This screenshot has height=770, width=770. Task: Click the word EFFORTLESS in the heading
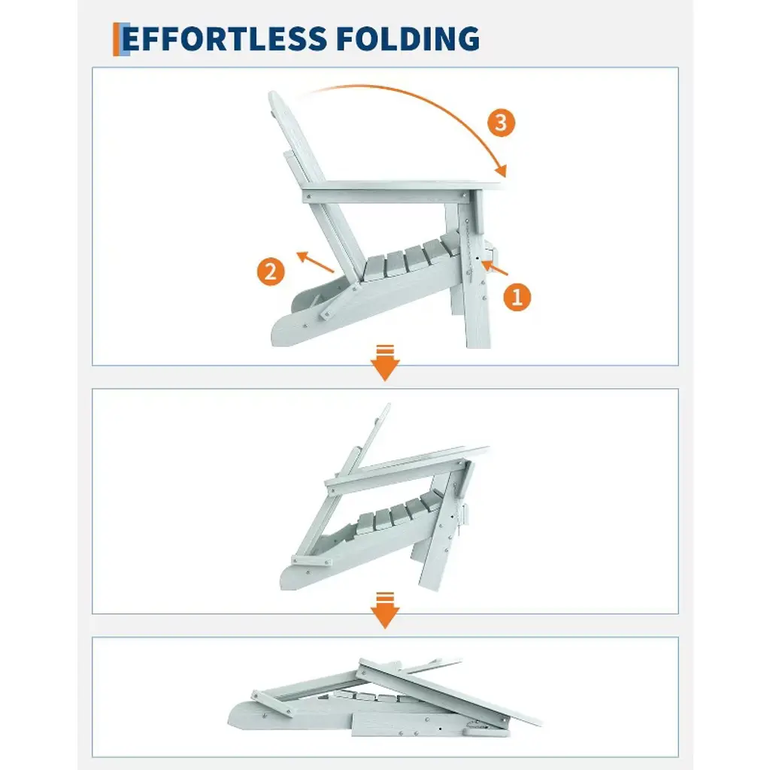[x=224, y=39]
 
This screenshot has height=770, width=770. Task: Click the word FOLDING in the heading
[x=408, y=39]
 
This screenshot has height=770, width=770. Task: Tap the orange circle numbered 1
[x=517, y=296]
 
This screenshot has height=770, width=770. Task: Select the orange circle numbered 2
[x=271, y=271]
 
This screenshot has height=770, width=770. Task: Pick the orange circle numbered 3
[x=501, y=123]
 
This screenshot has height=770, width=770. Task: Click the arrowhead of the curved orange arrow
[x=501, y=171]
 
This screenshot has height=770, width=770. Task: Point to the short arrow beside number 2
[x=315, y=262]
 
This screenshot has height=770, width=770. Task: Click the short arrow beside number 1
[x=494, y=268]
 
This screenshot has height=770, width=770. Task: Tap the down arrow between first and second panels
[x=385, y=362]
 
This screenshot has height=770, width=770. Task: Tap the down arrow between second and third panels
[x=385, y=611]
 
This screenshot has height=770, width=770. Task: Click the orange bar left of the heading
[x=117, y=39]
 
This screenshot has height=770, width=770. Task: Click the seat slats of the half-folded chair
[x=399, y=513]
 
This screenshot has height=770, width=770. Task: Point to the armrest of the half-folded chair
[x=407, y=466]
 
